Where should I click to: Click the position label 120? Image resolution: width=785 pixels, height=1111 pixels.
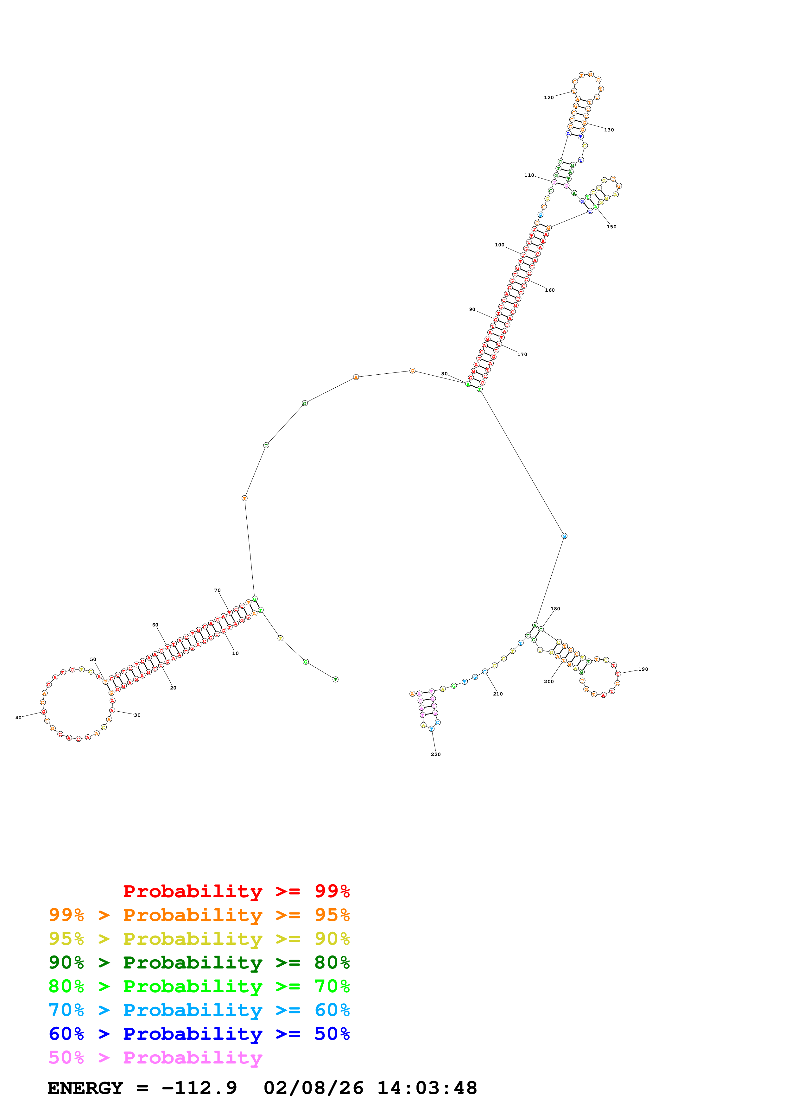click(x=548, y=98)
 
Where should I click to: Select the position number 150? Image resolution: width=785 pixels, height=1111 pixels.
click(x=611, y=227)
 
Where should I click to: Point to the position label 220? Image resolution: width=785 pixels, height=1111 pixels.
click(x=436, y=754)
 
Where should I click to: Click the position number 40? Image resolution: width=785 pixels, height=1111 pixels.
click(x=18, y=718)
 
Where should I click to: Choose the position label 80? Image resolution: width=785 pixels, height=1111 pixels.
click(x=444, y=374)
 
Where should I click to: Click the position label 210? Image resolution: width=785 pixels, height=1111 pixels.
click(x=498, y=694)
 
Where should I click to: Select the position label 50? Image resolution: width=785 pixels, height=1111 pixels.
click(x=93, y=659)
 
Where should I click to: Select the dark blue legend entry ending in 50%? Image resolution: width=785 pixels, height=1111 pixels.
click(x=199, y=1034)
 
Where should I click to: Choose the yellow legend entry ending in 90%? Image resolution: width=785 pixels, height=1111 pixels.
click(x=199, y=939)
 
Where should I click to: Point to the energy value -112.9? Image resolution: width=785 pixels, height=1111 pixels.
click(x=199, y=1088)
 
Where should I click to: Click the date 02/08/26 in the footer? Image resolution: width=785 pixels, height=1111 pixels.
click(x=313, y=1088)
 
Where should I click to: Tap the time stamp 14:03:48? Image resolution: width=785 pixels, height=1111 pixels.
click(x=427, y=1088)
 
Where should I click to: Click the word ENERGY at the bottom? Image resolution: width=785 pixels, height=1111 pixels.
click(x=85, y=1088)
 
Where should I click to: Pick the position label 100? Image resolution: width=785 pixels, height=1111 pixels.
click(x=500, y=245)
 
